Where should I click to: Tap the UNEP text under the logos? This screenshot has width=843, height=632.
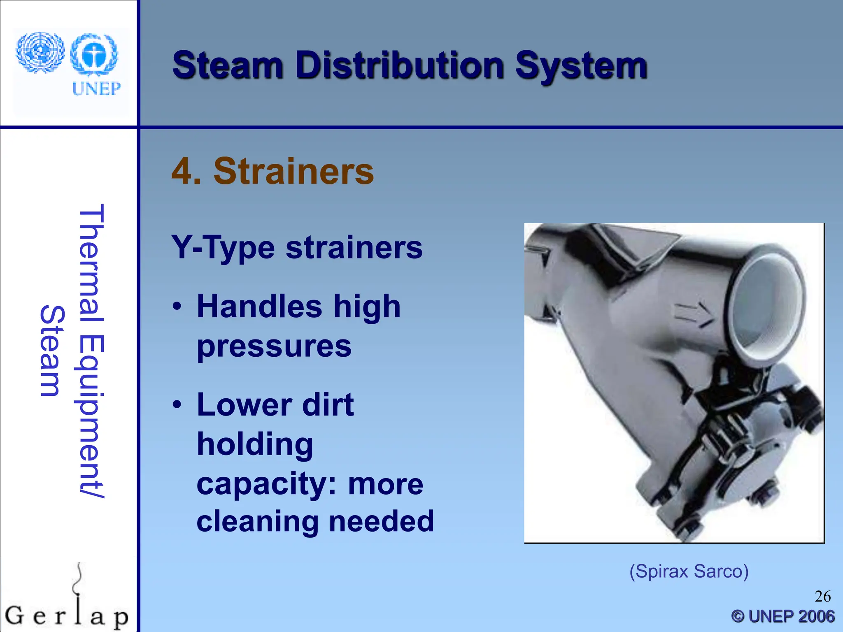96,88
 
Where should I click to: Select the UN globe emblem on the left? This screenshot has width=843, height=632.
40,53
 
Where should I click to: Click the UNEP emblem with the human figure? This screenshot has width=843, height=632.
94,54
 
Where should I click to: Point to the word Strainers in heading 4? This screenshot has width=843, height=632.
293,172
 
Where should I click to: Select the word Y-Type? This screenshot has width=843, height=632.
223,248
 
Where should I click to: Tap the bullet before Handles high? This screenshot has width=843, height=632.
177,307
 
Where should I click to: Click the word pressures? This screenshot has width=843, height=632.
274,346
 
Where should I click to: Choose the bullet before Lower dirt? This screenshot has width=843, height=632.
177,405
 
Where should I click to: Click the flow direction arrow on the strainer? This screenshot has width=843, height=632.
694,315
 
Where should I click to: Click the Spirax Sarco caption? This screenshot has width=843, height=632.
689,572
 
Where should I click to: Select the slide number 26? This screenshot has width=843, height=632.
822,597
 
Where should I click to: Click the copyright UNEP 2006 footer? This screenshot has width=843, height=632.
783,616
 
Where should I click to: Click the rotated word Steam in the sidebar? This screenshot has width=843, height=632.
51,351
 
